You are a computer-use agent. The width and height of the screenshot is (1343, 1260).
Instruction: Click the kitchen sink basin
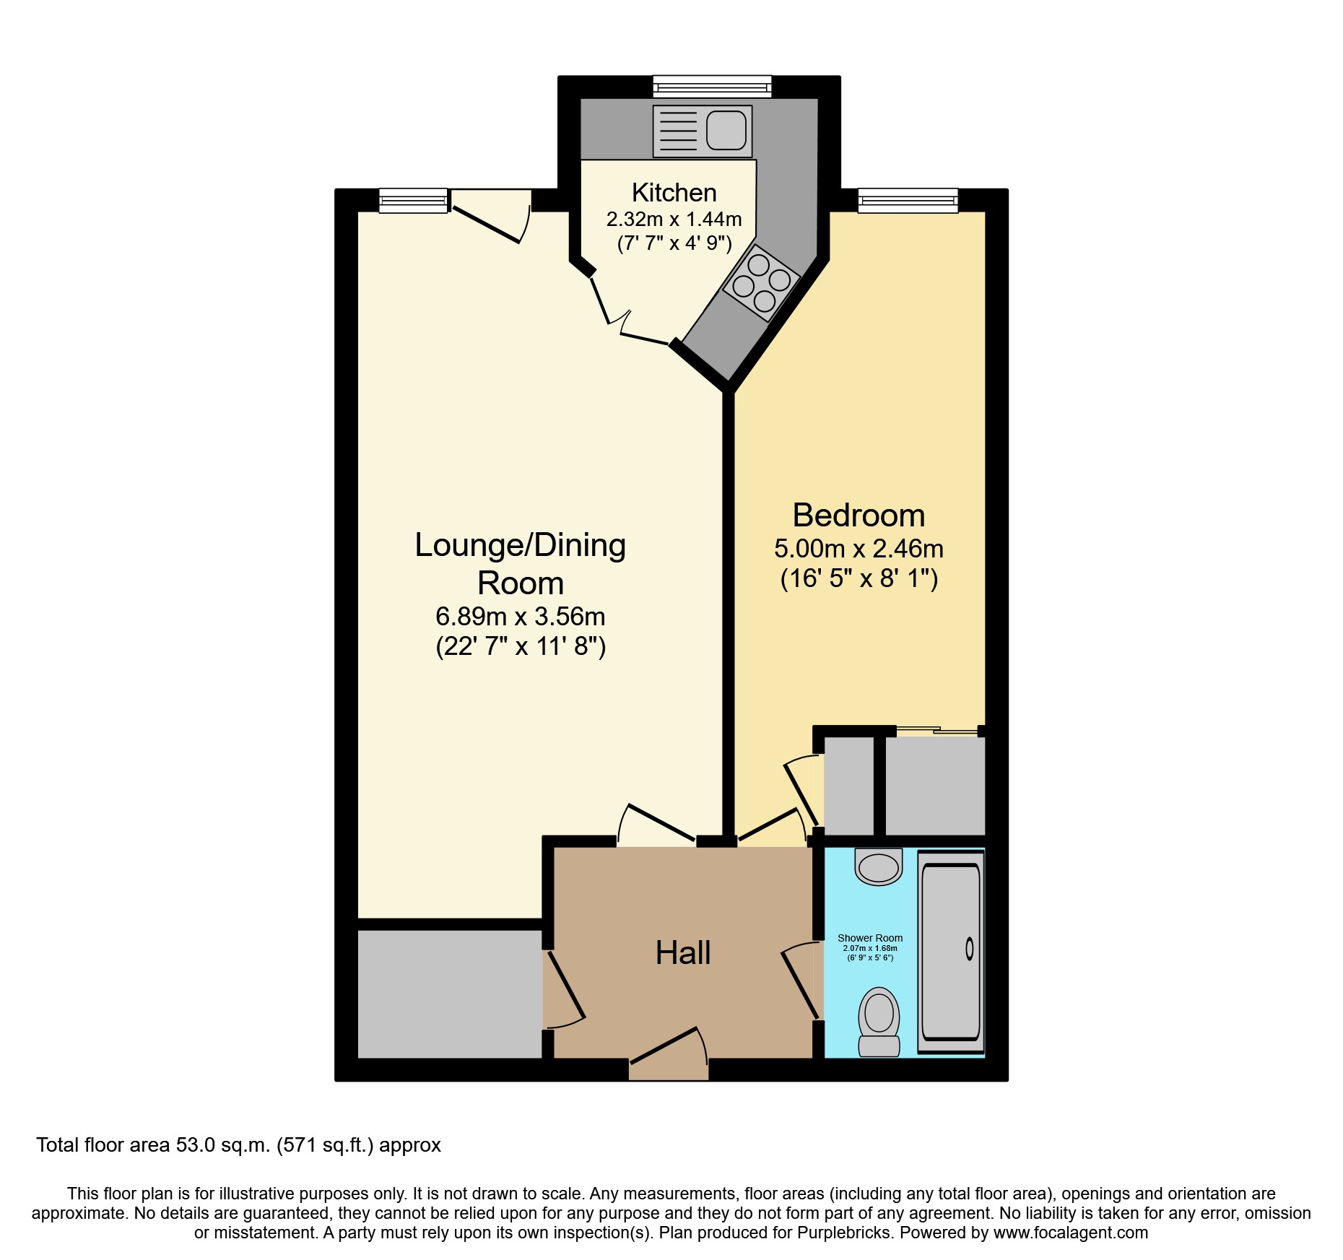click(726, 131)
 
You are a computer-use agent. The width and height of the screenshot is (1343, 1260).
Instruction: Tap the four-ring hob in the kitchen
click(761, 283)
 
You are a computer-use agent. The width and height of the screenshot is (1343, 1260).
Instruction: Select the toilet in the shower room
click(879, 1021)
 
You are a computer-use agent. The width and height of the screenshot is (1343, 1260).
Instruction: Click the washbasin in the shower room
click(879, 866)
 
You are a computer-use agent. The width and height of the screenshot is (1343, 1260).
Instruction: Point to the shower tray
click(950, 951)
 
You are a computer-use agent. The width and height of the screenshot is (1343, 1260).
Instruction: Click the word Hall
click(683, 953)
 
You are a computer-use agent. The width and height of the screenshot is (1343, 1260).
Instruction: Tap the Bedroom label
click(859, 516)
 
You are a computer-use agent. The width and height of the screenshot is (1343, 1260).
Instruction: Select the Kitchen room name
click(674, 193)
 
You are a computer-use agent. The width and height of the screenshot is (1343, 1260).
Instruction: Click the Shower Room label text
click(869, 938)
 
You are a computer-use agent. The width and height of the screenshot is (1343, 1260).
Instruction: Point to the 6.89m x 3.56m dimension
click(520, 617)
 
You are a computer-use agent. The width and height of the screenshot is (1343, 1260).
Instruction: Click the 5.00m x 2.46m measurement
click(859, 549)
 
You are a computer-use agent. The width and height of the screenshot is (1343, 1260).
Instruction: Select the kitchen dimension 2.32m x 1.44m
click(674, 219)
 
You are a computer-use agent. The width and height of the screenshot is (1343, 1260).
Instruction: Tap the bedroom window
click(908, 200)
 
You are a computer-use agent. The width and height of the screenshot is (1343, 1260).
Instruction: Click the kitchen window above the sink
click(712, 87)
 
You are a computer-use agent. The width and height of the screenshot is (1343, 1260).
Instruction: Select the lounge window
click(413, 200)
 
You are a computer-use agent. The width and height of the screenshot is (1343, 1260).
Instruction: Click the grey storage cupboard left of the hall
click(449, 994)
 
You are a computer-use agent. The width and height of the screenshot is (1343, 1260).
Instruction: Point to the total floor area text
click(238, 1145)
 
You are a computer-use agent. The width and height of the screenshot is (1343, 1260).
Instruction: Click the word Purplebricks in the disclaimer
click(843, 1233)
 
